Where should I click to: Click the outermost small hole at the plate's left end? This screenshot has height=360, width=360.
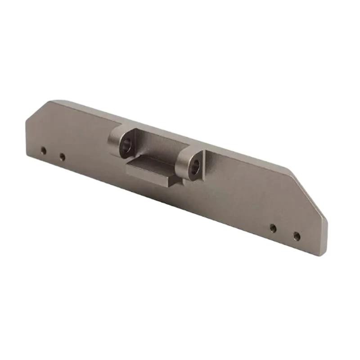[43, 150]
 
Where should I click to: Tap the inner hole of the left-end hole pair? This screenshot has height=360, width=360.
[62, 157]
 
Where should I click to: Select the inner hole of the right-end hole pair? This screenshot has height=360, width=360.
[273, 228]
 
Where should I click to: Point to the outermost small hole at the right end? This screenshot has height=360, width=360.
[297, 235]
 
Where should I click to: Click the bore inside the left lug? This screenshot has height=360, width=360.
[126, 145]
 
